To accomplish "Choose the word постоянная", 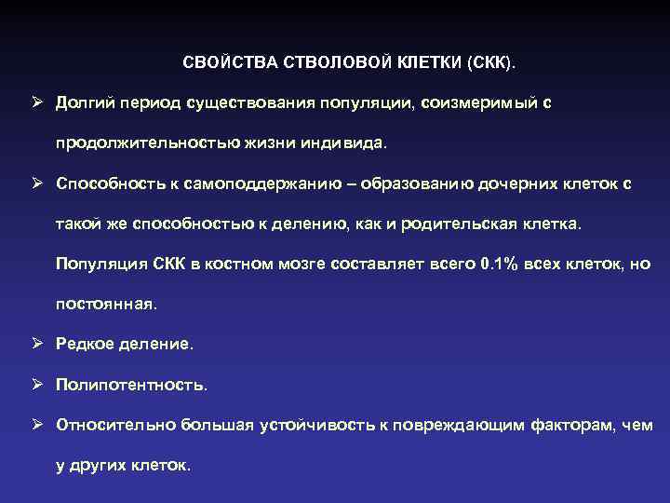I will click(106, 305).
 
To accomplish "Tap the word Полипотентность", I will click(130, 385).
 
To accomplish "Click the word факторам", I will click(573, 425).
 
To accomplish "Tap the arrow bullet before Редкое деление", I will click(34, 345).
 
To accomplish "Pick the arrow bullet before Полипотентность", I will click(34, 385).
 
